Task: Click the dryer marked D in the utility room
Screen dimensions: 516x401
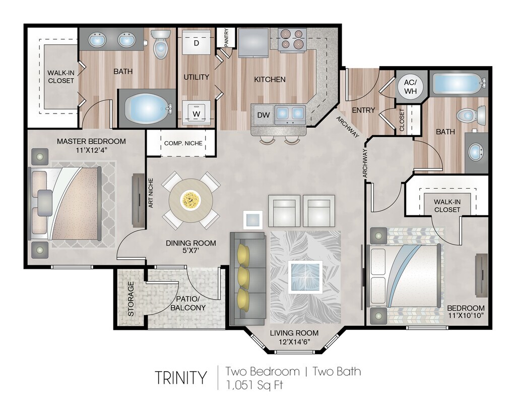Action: pyautogui.click(x=197, y=42)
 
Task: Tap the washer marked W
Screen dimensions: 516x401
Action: pyautogui.click(x=197, y=112)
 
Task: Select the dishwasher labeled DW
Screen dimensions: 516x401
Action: pyautogui.click(x=263, y=115)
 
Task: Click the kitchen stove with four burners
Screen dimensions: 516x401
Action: pyautogui.click(x=292, y=39)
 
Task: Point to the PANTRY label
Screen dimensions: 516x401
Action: pyautogui.click(x=226, y=37)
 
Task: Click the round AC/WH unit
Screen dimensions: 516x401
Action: pyautogui.click(x=410, y=87)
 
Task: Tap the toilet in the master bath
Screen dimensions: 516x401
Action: pyautogui.click(x=160, y=44)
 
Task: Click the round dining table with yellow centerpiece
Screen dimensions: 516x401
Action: pyautogui.click(x=190, y=200)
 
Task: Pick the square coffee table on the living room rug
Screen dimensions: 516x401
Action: pyautogui.click(x=305, y=277)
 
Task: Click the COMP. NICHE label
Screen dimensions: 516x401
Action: pyautogui.click(x=183, y=143)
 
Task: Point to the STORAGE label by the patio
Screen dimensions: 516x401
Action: pyautogui.click(x=131, y=299)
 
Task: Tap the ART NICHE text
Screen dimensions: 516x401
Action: pyautogui.click(x=151, y=193)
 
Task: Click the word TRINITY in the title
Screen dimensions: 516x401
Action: pyautogui.click(x=181, y=378)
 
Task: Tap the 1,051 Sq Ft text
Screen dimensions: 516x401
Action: pyautogui.click(x=254, y=385)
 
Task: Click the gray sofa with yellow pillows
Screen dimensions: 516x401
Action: pyautogui.click(x=247, y=279)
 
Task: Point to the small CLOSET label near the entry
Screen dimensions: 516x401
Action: pyautogui.click(x=402, y=120)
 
